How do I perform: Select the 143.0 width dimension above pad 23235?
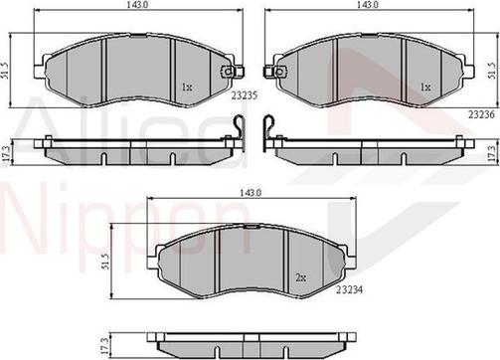pyautogui.click(x=126, y=6)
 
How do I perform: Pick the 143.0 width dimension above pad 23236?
pyautogui.click(x=369, y=6)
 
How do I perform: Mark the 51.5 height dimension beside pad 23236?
pyautogui.click(x=492, y=69)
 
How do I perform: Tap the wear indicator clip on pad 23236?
pyautogui.click(x=267, y=73)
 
